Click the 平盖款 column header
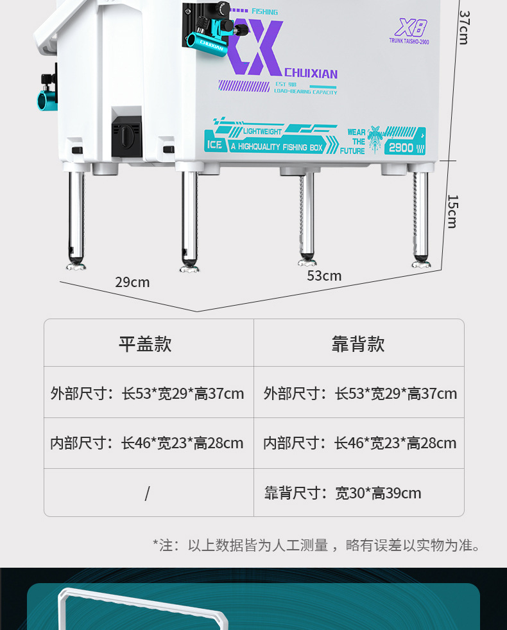[x=145, y=344]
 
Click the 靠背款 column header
[x=358, y=344]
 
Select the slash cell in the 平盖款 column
[x=147, y=493]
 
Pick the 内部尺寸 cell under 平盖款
[x=147, y=443]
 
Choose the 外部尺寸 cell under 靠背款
[x=360, y=393]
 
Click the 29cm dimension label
[x=132, y=283]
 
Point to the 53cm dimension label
[x=324, y=276]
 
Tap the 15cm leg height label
[x=452, y=211]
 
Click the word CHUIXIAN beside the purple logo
[x=311, y=74]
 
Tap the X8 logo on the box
[x=410, y=28]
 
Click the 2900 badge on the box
[x=401, y=147]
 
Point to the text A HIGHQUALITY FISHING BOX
[x=276, y=147]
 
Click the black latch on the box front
[x=126, y=136]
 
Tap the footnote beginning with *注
[x=316, y=546]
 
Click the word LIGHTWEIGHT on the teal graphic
[x=262, y=132]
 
